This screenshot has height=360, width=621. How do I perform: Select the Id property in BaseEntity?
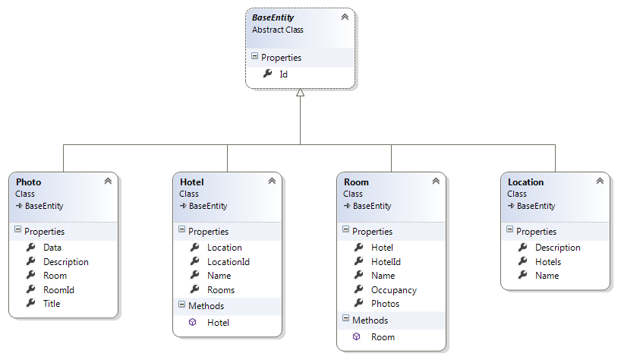(283, 74)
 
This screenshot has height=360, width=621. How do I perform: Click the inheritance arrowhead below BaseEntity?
(301, 93)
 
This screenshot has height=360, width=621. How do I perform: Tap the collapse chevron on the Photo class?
(108, 182)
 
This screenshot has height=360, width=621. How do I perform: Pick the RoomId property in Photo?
(58, 289)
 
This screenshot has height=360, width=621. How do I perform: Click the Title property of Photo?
(52, 304)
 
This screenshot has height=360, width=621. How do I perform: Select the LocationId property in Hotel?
(228, 262)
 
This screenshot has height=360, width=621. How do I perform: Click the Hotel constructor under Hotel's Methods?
(218, 323)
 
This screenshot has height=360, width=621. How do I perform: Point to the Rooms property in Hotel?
(221, 290)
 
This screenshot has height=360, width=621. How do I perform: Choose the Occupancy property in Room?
(394, 290)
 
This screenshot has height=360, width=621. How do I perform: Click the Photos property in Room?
(385, 304)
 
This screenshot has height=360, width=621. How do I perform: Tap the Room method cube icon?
(357, 337)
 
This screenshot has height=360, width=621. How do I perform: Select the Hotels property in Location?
(548, 262)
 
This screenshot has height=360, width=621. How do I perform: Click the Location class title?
(525, 182)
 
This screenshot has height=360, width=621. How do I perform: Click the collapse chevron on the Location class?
(600, 182)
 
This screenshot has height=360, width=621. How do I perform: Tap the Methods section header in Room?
(370, 321)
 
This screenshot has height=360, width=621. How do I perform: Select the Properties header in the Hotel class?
(208, 232)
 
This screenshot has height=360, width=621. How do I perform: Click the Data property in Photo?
(52, 248)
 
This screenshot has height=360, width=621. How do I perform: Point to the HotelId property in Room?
(386, 262)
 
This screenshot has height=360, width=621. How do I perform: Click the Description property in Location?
(557, 248)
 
